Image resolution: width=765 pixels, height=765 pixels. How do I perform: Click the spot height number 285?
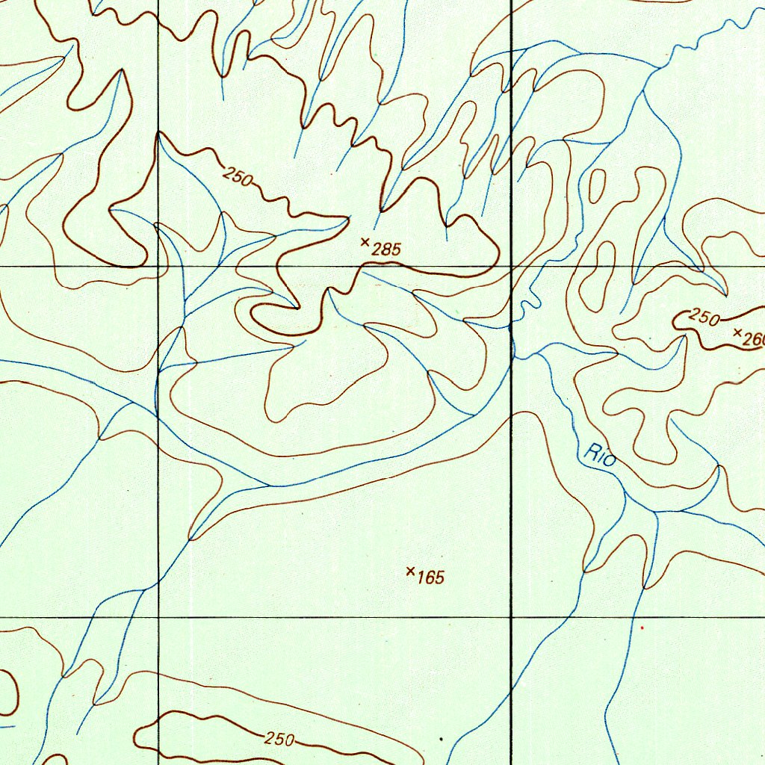point(386,250)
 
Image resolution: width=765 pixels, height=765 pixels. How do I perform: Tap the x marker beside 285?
point(365,241)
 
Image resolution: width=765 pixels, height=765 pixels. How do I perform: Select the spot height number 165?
point(431,577)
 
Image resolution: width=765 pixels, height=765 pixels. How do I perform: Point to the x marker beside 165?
point(410,572)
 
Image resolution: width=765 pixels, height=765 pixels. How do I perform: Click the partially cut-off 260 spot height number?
point(752,338)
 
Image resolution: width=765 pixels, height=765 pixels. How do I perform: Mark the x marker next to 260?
point(738,332)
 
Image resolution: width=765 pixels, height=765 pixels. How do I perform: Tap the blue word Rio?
point(601,455)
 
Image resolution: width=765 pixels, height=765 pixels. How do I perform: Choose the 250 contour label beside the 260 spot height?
point(704,316)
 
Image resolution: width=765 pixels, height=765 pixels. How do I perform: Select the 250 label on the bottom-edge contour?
point(279,739)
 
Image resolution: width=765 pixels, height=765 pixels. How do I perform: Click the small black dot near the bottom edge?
point(441,740)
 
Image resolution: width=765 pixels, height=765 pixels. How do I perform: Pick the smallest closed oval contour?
point(597,185)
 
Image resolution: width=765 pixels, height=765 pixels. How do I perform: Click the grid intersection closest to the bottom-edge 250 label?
point(159,617)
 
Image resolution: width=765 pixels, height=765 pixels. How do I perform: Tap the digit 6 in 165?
point(431,577)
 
